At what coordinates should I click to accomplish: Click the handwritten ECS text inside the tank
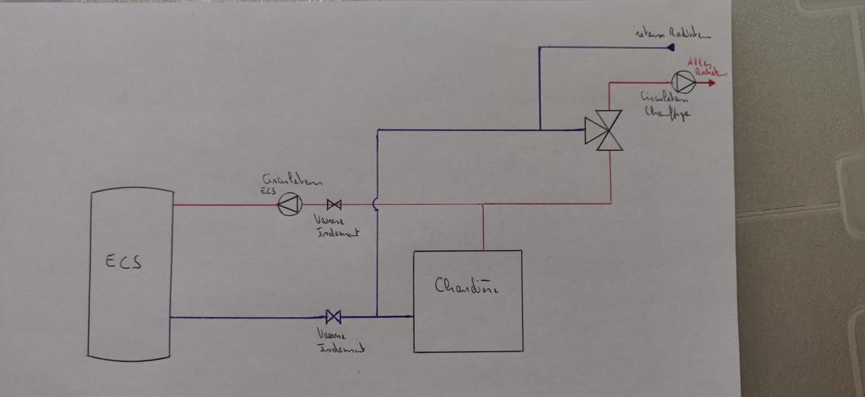click(x=123, y=262)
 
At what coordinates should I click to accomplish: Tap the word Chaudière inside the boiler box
click(x=466, y=287)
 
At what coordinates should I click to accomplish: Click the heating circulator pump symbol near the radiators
click(x=684, y=83)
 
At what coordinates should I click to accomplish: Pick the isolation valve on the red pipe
click(x=334, y=204)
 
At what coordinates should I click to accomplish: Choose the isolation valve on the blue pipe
click(x=333, y=317)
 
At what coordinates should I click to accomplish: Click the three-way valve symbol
click(x=603, y=131)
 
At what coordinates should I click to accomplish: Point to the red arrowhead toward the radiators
click(x=711, y=83)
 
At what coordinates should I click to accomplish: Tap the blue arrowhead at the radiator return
click(x=671, y=47)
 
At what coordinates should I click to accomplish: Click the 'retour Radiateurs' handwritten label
click(x=673, y=33)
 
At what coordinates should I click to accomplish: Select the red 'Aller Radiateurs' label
click(x=705, y=67)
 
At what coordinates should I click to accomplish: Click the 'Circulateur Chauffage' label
click(x=666, y=106)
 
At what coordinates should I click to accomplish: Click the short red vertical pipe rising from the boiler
click(x=484, y=227)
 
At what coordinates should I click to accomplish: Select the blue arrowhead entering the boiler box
click(x=409, y=317)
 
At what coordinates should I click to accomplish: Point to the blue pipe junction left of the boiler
click(x=377, y=316)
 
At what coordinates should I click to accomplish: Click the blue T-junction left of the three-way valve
click(x=540, y=129)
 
